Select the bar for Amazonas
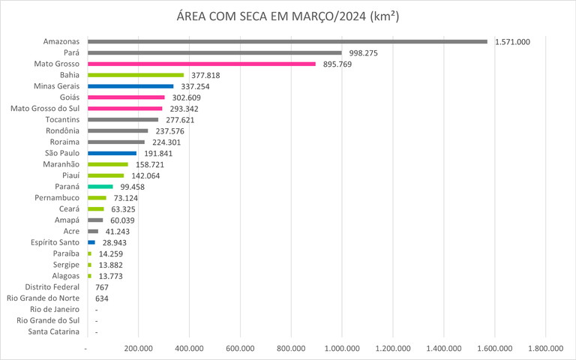click(x=287, y=42)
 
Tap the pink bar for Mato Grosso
click(x=201, y=64)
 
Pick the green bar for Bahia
click(x=136, y=75)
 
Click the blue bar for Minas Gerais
click(x=130, y=86)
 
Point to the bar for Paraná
click(x=100, y=187)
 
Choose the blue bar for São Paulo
click(x=112, y=153)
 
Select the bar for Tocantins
click(x=123, y=119)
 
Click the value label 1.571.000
click(x=512, y=42)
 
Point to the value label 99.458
click(x=132, y=187)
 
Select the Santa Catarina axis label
click(x=54, y=331)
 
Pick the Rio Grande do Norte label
click(x=43, y=298)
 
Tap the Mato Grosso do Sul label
click(x=45, y=109)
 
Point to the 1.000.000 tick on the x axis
click(x=342, y=348)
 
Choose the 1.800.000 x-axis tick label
click(x=545, y=348)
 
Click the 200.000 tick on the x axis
click(x=139, y=348)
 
